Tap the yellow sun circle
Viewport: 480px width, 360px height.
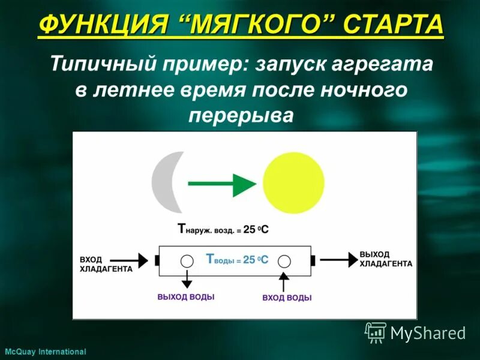click(293, 183)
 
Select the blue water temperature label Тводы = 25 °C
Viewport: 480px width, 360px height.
click(236, 260)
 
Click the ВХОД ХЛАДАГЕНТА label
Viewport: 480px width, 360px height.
click(106, 265)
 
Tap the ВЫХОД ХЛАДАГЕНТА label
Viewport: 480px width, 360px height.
click(385, 259)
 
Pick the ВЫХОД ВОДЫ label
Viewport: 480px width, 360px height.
click(186, 296)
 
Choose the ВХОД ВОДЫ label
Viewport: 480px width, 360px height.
click(287, 297)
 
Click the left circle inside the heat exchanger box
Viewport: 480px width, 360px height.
click(187, 260)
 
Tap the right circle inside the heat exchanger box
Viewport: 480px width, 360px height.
click(285, 260)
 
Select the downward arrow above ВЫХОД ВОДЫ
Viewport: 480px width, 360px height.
click(187, 279)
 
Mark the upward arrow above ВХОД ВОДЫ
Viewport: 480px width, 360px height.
click(285, 280)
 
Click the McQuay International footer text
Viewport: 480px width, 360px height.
click(45, 352)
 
